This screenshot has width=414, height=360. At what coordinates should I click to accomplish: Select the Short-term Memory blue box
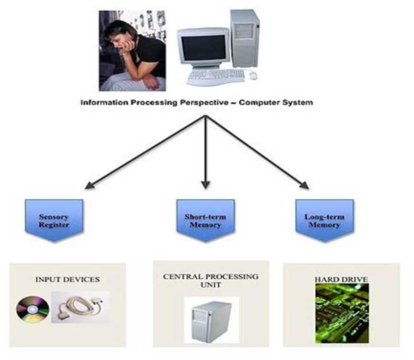coord(205,219)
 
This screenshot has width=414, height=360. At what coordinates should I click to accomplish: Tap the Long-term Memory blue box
coord(324,219)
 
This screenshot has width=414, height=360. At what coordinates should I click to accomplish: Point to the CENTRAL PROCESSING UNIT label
coord(210,280)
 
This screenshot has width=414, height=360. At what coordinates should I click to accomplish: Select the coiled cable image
coord(79,306)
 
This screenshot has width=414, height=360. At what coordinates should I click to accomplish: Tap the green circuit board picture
coord(342,313)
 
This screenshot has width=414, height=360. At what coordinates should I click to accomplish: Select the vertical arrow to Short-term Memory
coord(205,151)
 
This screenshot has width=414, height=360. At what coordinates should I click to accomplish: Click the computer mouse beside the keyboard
coord(253,75)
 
